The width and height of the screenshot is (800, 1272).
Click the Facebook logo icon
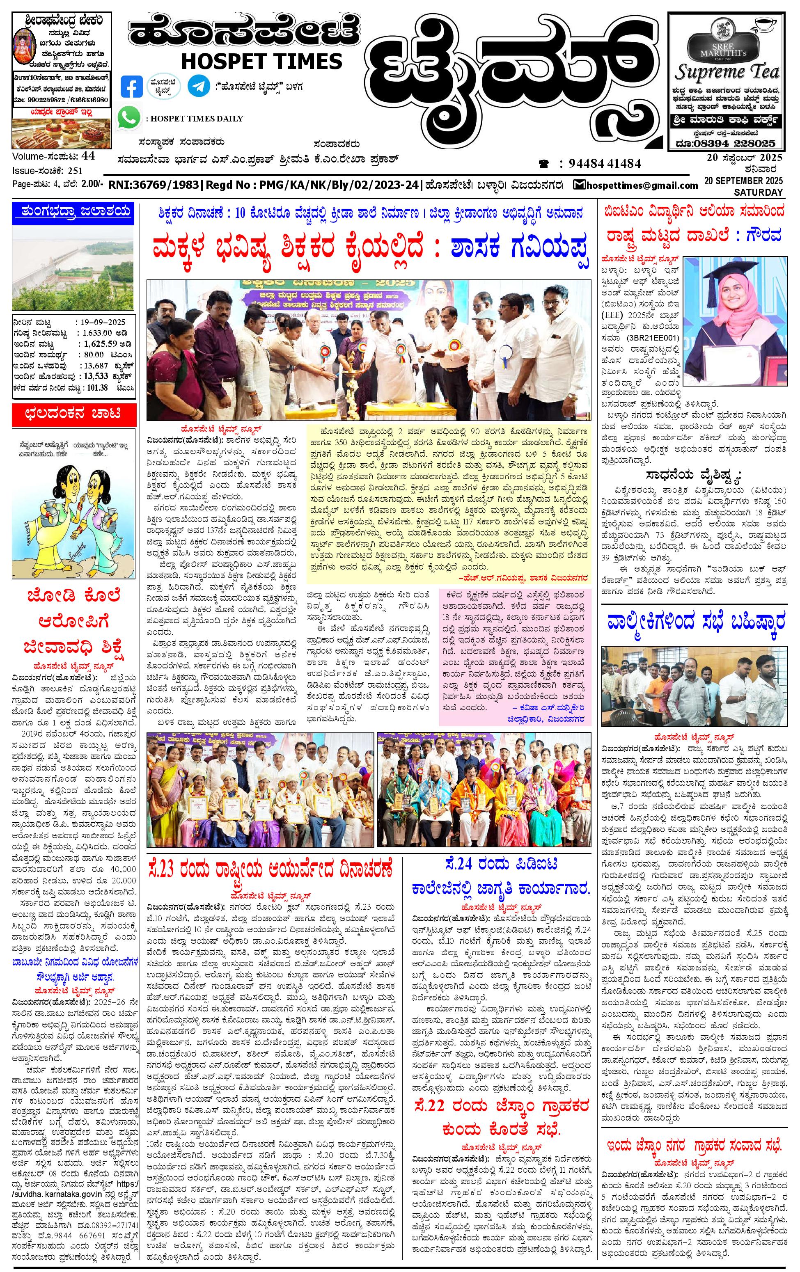pos(132,87)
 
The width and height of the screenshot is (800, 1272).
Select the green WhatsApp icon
pos(129,117)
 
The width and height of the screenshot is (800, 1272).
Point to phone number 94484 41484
pos(605,164)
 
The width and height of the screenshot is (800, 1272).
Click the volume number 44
pos(88,156)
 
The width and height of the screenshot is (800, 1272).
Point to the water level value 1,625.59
pos(103,343)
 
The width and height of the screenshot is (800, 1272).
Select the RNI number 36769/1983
pos(154,185)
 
